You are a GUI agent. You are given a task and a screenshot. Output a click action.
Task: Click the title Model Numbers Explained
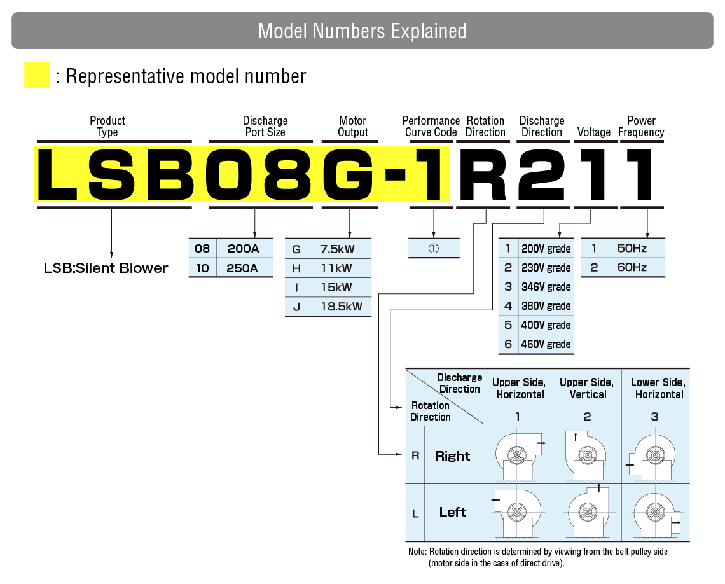(x=362, y=31)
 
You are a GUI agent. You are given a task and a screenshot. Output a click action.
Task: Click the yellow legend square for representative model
(x=37, y=75)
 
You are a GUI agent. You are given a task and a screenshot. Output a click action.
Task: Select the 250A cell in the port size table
(x=242, y=268)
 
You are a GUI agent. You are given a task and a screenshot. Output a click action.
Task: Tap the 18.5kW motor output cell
(x=341, y=306)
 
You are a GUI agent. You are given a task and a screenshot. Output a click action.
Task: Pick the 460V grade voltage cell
(x=546, y=344)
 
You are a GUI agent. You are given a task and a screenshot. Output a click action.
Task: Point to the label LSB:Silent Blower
(x=106, y=268)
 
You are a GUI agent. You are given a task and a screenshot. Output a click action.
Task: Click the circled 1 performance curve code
(x=433, y=249)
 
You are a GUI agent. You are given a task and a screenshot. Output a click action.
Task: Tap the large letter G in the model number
(x=349, y=173)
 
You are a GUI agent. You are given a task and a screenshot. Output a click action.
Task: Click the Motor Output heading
(x=352, y=126)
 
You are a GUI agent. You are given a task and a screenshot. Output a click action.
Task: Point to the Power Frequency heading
(x=641, y=126)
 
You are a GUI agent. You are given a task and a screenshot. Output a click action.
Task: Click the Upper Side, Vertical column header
(x=586, y=388)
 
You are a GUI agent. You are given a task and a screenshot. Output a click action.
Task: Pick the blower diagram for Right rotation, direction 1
(x=518, y=455)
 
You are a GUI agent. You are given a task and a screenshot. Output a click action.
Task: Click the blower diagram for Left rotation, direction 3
(x=655, y=512)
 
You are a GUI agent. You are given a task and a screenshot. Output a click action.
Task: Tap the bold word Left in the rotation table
(x=452, y=512)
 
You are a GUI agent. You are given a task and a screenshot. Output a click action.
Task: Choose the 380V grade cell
(x=546, y=306)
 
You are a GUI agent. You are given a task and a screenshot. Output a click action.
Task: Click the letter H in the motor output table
(x=296, y=268)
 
